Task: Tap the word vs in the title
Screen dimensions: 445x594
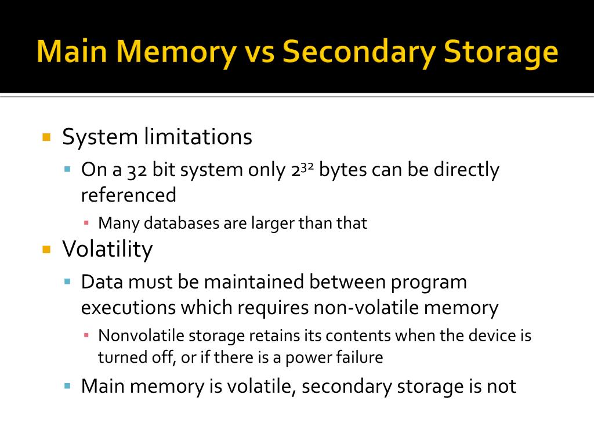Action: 258,52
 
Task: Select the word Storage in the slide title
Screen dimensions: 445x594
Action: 501,52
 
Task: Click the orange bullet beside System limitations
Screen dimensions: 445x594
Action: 47,138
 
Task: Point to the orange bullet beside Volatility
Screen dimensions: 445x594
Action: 47,250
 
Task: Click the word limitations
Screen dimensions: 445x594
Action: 198,137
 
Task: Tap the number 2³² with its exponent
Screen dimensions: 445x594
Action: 303,170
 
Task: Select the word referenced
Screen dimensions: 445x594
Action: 128,195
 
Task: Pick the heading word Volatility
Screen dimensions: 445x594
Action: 107,249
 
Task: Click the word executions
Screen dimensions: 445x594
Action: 128,308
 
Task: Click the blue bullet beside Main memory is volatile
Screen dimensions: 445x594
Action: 67,385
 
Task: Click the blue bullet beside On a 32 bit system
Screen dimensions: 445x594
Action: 67,170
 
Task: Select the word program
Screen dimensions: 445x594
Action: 429,282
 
